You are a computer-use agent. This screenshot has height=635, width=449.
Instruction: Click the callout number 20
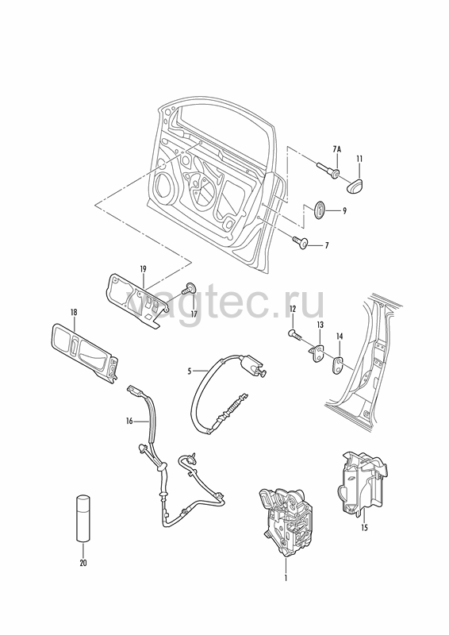83,563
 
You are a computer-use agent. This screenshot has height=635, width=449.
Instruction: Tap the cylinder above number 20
83,518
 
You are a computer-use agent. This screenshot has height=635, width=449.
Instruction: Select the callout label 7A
337,150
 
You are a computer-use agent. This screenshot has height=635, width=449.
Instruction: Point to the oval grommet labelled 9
320,210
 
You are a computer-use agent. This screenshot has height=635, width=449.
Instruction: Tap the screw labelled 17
190,289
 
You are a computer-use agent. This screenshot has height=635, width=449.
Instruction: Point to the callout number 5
189,371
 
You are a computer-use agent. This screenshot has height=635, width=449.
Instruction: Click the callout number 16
129,421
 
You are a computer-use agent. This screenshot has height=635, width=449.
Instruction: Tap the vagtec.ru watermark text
224,302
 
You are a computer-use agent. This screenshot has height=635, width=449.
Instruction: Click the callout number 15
364,528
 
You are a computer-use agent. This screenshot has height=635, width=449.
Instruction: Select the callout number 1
285,578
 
